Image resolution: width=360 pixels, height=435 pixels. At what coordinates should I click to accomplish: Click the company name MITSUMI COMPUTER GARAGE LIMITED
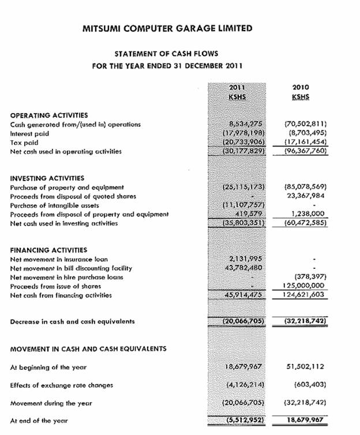167,28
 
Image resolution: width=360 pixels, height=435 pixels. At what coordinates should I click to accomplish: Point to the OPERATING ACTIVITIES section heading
49,115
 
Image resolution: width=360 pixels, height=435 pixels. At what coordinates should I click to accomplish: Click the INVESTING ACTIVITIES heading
47,178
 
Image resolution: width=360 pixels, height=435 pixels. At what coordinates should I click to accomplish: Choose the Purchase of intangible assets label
55,205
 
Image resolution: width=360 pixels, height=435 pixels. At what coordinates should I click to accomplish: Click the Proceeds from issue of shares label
55,286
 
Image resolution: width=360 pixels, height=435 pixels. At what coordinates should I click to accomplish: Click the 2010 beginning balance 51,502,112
305,367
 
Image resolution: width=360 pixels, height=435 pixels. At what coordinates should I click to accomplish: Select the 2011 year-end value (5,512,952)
243,421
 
